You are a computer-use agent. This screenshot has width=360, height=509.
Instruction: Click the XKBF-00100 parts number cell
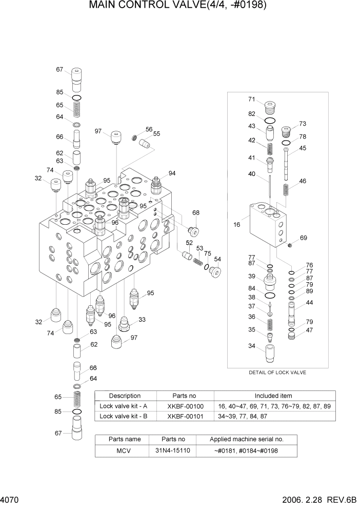pyautogui.click(x=185, y=406)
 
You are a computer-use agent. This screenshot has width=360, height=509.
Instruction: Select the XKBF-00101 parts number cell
pyautogui.click(x=185, y=416)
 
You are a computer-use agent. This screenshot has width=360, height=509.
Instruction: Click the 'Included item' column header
pyautogui.click(x=273, y=396)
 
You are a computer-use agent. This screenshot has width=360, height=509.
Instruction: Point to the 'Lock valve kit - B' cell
pyautogui.click(x=124, y=416)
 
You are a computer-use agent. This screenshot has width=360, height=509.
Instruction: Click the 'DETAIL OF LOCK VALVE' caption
pyautogui.click(x=277, y=373)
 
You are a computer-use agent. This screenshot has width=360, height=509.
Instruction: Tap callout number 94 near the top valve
pyautogui.click(x=172, y=173)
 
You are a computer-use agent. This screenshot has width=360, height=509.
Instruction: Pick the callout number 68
pyautogui.click(x=195, y=213)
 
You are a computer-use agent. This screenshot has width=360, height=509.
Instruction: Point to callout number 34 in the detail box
pyautogui.click(x=252, y=346)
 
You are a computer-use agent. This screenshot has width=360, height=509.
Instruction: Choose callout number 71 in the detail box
pyautogui.click(x=252, y=99)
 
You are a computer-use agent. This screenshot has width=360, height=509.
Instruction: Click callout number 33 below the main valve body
pyautogui.click(x=142, y=320)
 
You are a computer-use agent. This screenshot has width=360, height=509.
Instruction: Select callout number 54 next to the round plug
pyautogui.click(x=217, y=259)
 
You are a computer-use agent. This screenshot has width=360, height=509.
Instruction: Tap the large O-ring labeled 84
pyautogui.click(x=269, y=296)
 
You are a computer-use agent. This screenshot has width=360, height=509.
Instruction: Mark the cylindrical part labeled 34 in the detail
pyautogui.click(x=269, y=354)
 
